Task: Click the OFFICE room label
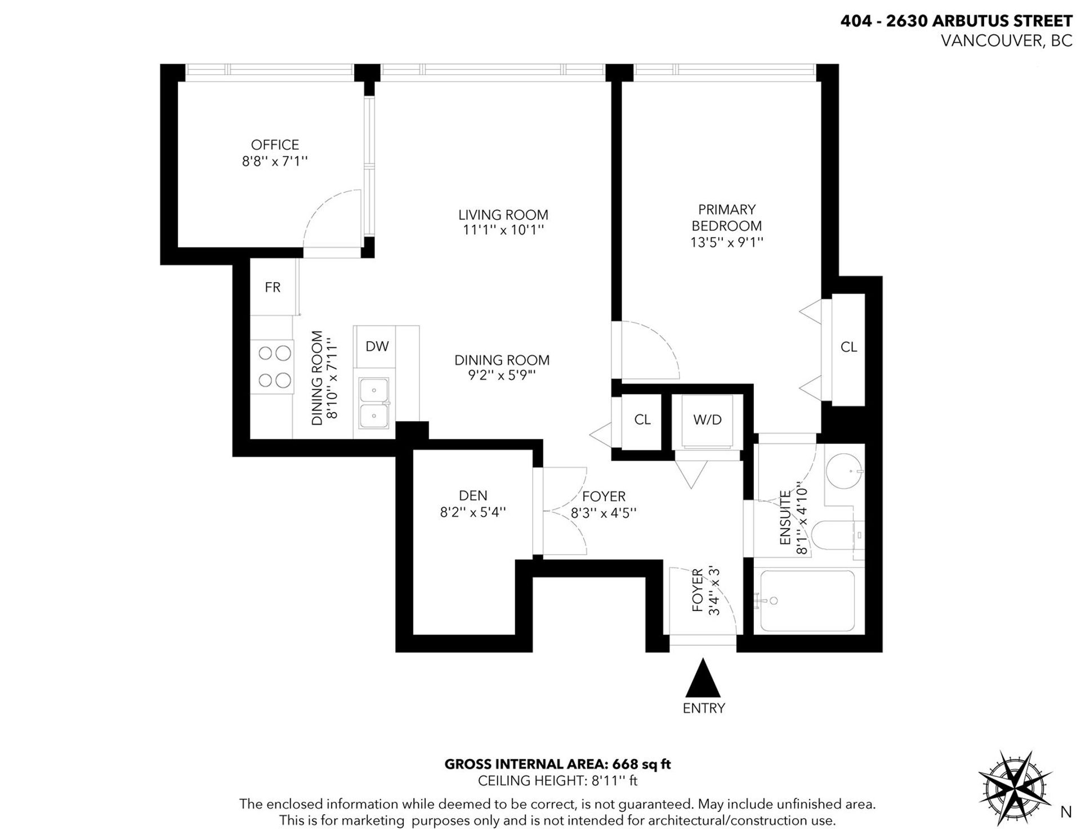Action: click(275, 145)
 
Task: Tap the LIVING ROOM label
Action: click(503, 215)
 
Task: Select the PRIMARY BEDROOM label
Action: click(726, 217)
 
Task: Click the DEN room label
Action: click(473, 495)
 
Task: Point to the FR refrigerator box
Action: click(274, 287)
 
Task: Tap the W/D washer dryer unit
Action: click(707, 419)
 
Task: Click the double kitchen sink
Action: click(374, 404)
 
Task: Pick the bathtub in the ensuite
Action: click(807, 600)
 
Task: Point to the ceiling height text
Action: click(557, 781)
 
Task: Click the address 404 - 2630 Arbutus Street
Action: click(956, 21)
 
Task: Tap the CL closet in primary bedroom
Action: click(848, 347)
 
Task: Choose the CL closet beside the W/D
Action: click(642, 419)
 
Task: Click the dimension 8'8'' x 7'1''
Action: click(275, 162)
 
